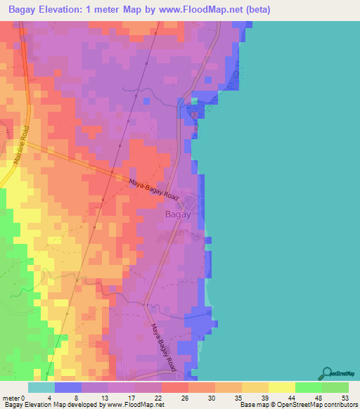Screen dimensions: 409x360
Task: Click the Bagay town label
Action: click(x=176, y=215)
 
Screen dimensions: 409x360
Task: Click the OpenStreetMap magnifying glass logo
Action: click(x=328, y=373)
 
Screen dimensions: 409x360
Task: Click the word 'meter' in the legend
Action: click(x=11, y=397)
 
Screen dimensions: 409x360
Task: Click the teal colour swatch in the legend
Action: click(x=41, y=387)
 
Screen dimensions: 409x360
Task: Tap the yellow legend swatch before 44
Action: click(x=281, y=387)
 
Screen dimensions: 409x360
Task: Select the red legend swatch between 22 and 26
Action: click(x=174, y=387)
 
